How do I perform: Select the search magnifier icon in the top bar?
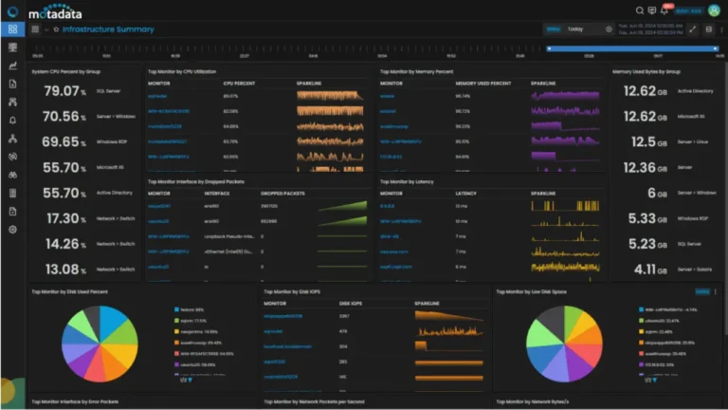tap(641, 10)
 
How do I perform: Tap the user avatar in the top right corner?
tap(714, 10)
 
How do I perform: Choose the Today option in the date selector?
tap(575, 29)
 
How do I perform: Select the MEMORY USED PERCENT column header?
tap(482, 84)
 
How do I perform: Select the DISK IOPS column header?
tap(352, 304)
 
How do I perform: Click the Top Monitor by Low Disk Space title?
tap(534, 291)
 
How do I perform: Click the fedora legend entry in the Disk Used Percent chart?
tap(191, 308)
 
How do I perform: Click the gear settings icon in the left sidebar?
tap(12, 230)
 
